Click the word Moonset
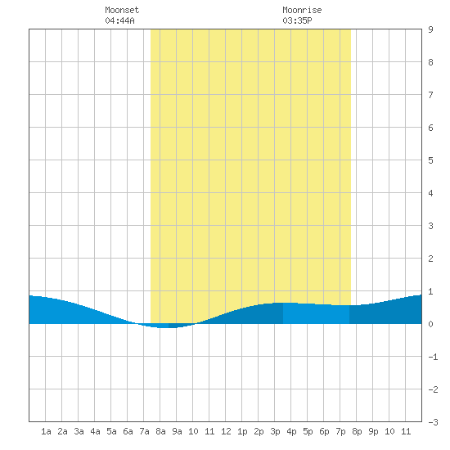(x=122, y=10)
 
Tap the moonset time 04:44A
(x=119, y=20)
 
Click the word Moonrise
(x=302, y=10)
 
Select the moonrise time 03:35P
(x=297, y=20)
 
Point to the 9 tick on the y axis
(x=430, y=29)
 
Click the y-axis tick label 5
(x=430, y=160)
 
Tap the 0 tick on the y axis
(x=430, y=324)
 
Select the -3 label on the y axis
(x=433, y=422)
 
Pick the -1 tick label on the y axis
(x=433, y=357)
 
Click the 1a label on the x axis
(x=46, y=431)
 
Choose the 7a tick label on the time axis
(x=144, y=431)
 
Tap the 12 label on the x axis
(x=226, y=431)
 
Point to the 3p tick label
(x=275, y=431)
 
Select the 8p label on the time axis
(x=357, y=431)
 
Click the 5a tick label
(x=111, y=431)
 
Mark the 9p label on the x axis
(x=373, y=431)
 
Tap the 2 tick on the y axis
(x=430, y=259)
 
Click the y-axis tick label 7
(x=430, y=95)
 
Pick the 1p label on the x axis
(x=242, y=431)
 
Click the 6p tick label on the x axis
(x=324, y=431)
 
